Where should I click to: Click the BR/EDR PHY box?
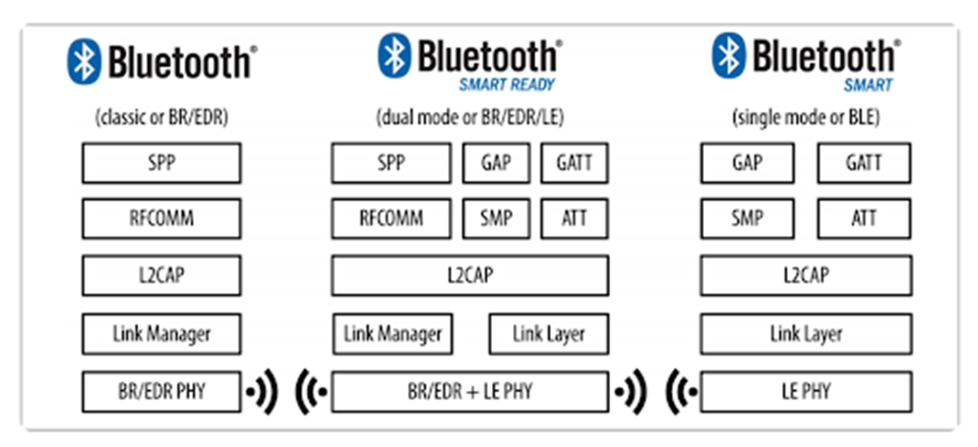click(x=160, y=392)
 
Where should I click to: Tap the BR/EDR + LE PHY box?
click(x=469, y=392)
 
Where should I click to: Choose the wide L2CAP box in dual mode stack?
click(x=469, y=276)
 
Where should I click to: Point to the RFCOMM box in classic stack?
click(x=160, y=219)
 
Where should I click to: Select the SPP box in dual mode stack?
click(x=391, y=162)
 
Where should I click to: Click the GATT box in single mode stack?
click(x=863, y=162)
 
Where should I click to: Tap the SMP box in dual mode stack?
click(x=497, y=219)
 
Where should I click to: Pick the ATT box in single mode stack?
click(x=863, y=219)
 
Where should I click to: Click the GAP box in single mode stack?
click(x=747, y=162)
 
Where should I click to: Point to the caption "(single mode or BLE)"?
click(x=805, y=118)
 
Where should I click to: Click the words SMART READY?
click(x=507, y=84)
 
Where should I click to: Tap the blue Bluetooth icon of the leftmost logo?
click(x=83, y=60)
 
